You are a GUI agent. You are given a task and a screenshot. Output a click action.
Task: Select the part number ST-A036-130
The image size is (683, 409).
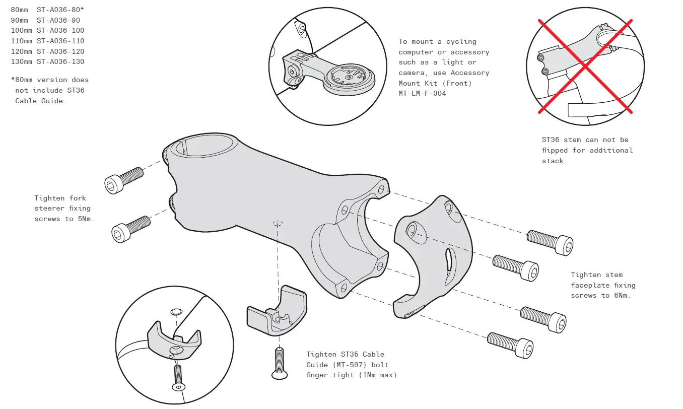tap(60, 61)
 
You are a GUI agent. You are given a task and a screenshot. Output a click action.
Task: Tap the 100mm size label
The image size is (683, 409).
tap(22, 30)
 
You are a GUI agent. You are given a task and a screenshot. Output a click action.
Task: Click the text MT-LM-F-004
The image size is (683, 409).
tap(422, 93)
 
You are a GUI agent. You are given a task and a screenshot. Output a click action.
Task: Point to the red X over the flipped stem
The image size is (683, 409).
tap(585, 66)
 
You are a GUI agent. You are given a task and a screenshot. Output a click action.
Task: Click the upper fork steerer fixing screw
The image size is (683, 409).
tap(123, 179)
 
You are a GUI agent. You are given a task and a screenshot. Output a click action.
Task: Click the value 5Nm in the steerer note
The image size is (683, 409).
tap(86, 219)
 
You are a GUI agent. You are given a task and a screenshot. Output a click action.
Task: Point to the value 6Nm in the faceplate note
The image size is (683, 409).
tap(622, 295)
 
